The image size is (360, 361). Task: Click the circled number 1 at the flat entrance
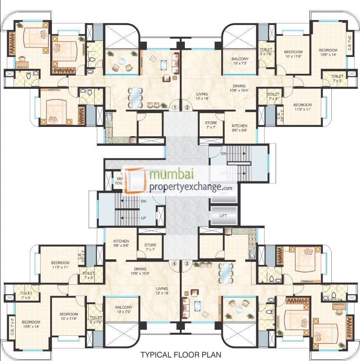click(x=175, y=107)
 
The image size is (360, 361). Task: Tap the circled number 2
click(x=187, y=107)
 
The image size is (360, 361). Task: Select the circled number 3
click(x=187, y=264)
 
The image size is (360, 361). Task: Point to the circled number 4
click(x=174, y=264)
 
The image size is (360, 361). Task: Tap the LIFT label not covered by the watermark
click(x=223, y=216)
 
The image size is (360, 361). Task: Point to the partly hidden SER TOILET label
click(x=119, y=181)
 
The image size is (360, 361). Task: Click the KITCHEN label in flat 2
click(x=239, y=128)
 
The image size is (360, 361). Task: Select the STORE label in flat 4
click(x=150, y=247)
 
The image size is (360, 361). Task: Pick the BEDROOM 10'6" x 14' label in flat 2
click(x=328, y=52)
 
